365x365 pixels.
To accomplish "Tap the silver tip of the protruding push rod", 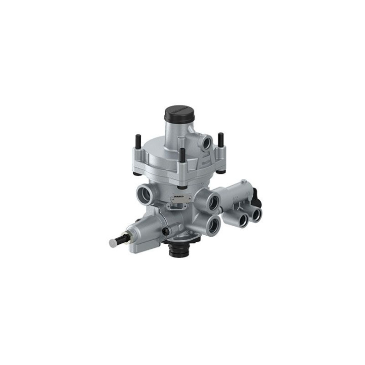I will click(x=113, y=243).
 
